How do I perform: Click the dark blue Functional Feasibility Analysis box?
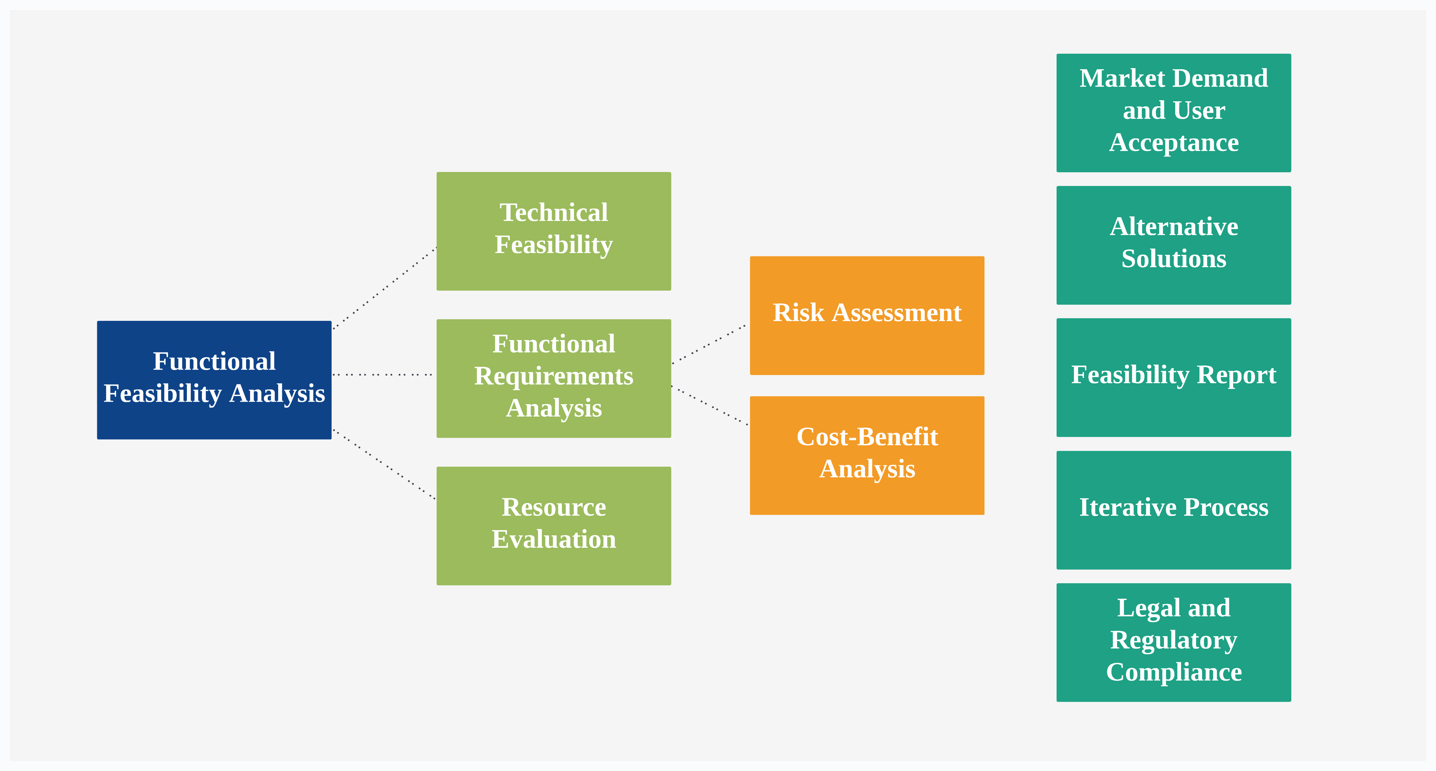pos(214,380)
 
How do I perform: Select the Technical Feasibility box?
pos(554,231)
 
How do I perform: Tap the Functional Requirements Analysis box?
pos(554,378)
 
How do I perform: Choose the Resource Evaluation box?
pos(554,526)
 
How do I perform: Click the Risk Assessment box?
pos(867,315)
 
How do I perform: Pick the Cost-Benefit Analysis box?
pos(867,455)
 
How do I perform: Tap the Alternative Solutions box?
pos(1173,245)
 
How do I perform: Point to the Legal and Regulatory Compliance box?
pos(1173,642)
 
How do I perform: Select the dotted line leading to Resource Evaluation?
pos(384,464)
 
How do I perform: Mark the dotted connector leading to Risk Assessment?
pos(709,344)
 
